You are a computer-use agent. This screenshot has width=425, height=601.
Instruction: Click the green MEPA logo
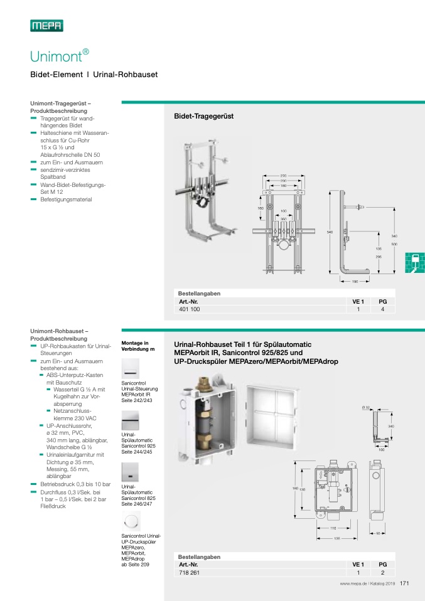coord(46,26)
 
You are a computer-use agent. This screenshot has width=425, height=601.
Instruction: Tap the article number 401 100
coord(189,309)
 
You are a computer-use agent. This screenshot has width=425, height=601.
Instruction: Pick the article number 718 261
coord(188,573)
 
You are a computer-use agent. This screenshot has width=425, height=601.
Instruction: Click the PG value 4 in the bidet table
coord(382,309)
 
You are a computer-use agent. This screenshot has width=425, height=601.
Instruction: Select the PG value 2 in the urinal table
coord(382,573)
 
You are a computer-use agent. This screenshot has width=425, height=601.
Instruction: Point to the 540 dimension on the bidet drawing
coord(330,232)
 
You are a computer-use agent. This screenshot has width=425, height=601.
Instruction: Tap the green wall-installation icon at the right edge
coord(414,262)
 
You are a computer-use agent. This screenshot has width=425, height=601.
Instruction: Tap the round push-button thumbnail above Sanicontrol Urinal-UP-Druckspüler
coord(131,520)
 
